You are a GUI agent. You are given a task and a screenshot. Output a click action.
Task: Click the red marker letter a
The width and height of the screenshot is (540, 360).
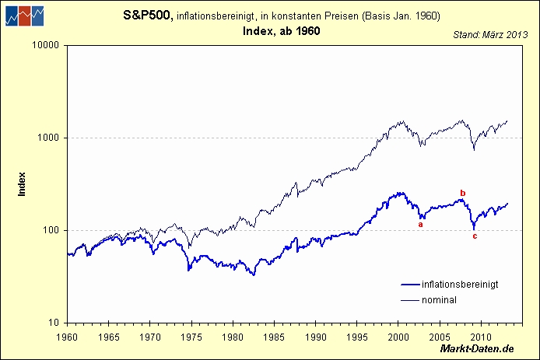[x=421, y=224]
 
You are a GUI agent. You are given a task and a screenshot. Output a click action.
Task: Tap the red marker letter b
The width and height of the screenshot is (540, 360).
[x=463, y=193]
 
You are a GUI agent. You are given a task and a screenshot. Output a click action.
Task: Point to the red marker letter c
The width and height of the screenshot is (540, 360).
[x=475, y=236]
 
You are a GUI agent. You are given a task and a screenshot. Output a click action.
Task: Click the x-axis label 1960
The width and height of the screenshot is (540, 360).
[x=67, y=338]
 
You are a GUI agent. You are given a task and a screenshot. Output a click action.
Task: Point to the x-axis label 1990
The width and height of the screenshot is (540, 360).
[x=315, y=338]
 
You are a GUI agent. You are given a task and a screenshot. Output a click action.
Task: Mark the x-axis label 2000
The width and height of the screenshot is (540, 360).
[x=398, y=338]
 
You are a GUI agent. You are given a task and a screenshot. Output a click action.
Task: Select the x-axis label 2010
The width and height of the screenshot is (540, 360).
[x=481, y=338]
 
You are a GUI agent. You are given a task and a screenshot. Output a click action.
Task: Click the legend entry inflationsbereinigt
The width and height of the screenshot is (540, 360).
[x=460, y=285]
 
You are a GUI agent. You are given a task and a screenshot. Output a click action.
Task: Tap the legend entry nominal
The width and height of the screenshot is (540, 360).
[x=439, y=299]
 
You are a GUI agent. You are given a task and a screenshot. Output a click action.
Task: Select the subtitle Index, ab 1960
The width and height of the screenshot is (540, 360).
[x=282, y=31]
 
